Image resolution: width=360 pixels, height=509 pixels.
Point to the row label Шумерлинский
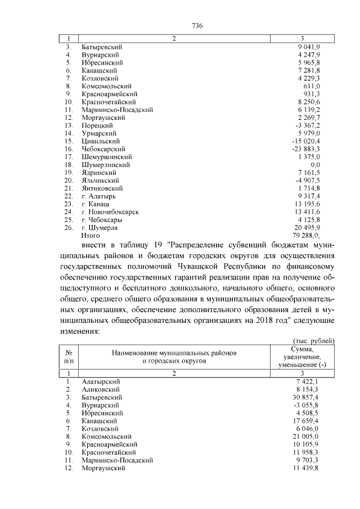[106, 165]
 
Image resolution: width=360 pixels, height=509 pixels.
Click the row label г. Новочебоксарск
[110, 212]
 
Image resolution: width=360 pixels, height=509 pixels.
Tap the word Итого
[91, 236]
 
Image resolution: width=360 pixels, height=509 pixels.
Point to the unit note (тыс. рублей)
[314, 340]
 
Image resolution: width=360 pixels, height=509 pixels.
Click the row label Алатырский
[101, 381]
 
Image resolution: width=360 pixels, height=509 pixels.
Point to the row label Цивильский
[100, 141]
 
